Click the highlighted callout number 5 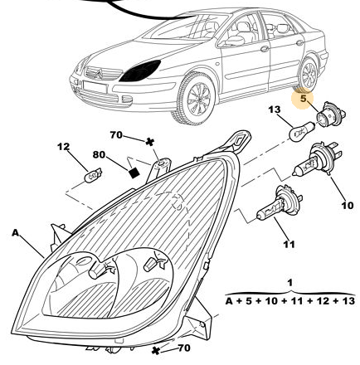click(304, 98)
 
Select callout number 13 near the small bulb click(275, 109)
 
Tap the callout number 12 click(63, 147)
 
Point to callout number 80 click(99, 154)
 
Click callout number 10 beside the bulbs click(348, 206)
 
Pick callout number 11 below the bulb click(289, 244)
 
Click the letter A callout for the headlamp click(16, 233)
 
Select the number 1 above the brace click(289, 283)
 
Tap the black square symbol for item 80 click(134, 173)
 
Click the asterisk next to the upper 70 click(149, 142)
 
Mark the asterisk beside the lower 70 click(156, 351)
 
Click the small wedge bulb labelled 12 click(93, 176)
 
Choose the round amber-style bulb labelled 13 click(302, 132)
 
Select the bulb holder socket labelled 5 click(330, 114)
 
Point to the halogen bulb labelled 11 click(280, 204)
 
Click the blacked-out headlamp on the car click(140, 71)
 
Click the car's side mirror click(234, 41)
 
